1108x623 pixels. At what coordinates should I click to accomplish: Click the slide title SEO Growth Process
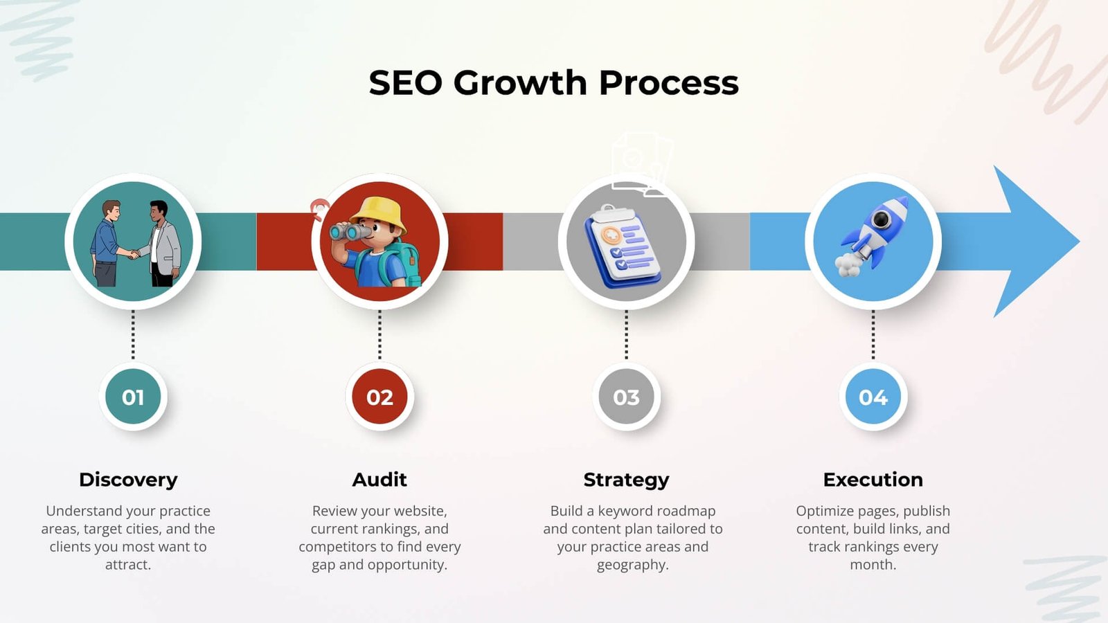pyautogui.click(x=553, y=83)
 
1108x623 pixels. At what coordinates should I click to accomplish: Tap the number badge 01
pyautogui.click(x=133, y=397)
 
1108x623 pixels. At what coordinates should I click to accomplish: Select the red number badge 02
pyautogui.click(x=379, y=397)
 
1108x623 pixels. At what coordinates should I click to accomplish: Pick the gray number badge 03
pyautogui.click(x=626, y=397)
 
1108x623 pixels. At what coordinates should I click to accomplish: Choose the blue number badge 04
pyautogui.click(x=873, y=397)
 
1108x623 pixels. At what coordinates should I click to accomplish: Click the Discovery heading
pyautogui.click(x=128, y=480)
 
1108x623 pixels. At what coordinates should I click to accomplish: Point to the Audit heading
pyautogui.click(x=379, y=480)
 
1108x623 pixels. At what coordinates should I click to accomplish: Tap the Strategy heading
pyautogui.click(x=626, y=480)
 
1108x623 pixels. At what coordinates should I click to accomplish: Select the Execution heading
pyautogui.click(x=873, y=480)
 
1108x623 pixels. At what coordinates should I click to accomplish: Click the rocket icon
pyautogui.click(x=874, y=233)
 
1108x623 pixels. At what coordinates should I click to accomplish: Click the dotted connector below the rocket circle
pyautogui.click(x=873, y=335)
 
